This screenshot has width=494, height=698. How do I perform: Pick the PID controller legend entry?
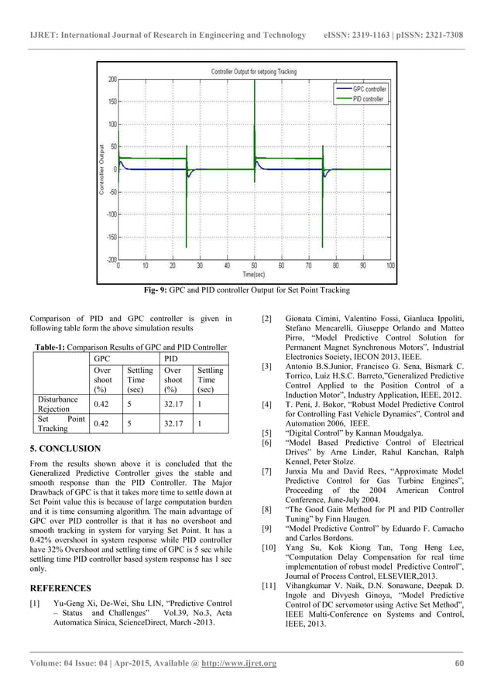click(369, 99)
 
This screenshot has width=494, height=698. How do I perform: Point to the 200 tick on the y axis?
click(112, 79)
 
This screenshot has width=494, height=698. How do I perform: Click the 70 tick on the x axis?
click(308, 265)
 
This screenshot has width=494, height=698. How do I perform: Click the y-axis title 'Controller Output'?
click(102, 169)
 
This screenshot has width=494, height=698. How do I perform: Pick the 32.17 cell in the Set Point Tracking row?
click(174, 423)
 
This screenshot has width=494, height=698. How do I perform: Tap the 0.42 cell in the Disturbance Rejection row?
click(103, 404)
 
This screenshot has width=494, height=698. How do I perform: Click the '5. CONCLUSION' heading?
click(65, 448)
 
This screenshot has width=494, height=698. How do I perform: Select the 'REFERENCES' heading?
click(60, 588)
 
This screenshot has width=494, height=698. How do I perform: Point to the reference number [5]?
click(267, 433)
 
